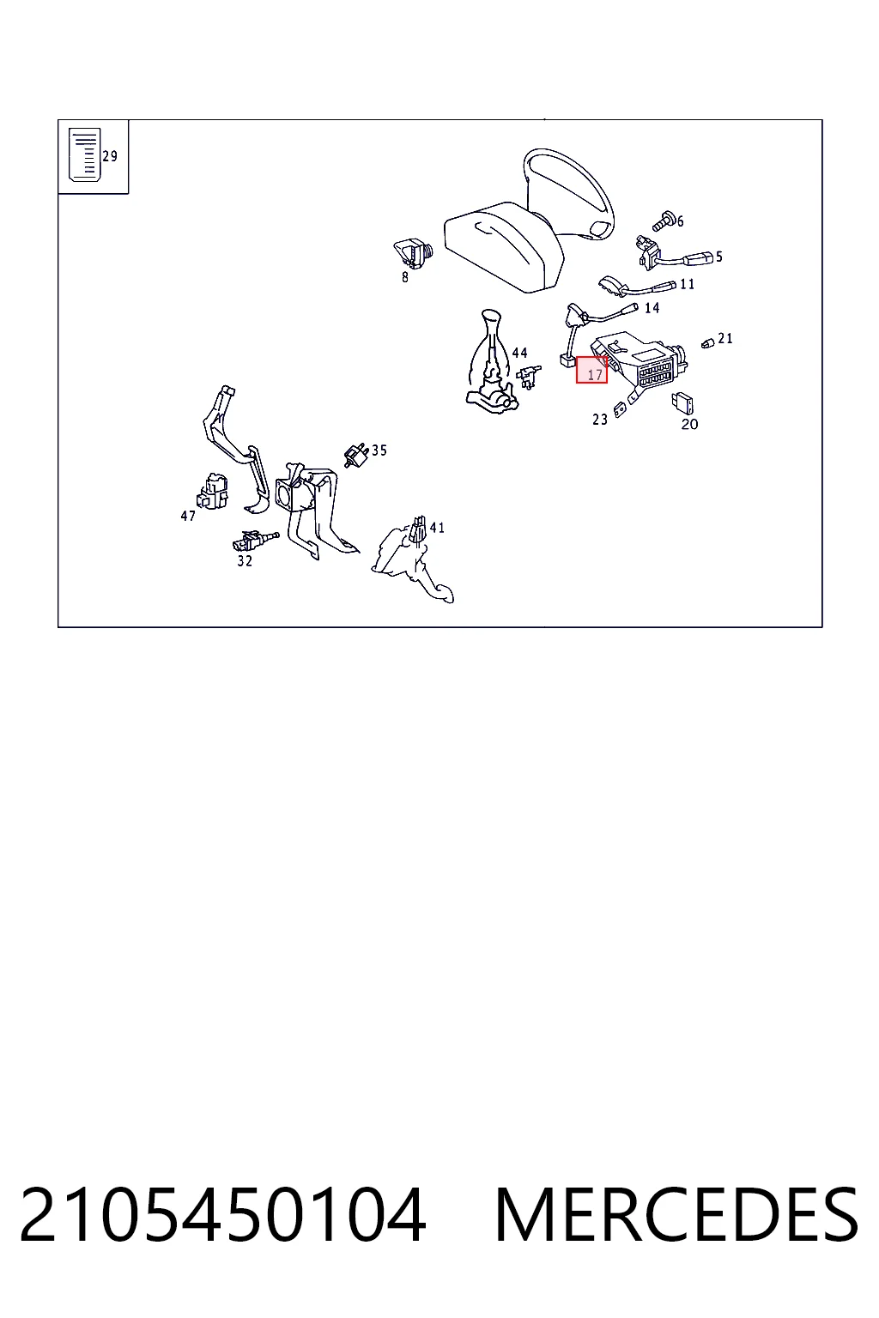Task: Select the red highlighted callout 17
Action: point(591,370)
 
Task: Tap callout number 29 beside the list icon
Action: point(110,156)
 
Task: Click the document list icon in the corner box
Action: point(85,154)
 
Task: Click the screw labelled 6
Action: point(664,221)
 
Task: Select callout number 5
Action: point(718,257)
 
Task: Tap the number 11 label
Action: point(687,284)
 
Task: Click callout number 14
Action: point(652,308)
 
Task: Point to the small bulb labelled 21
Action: point(707,343)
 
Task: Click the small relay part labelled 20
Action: point(682,403)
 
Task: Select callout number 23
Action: point(599,420)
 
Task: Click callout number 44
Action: point(519,353)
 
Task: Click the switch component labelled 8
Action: point(413,253)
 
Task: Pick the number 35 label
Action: point(379,450)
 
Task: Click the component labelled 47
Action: point(213,492)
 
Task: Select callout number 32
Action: point(245,561)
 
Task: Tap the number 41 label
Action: point(437,528)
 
